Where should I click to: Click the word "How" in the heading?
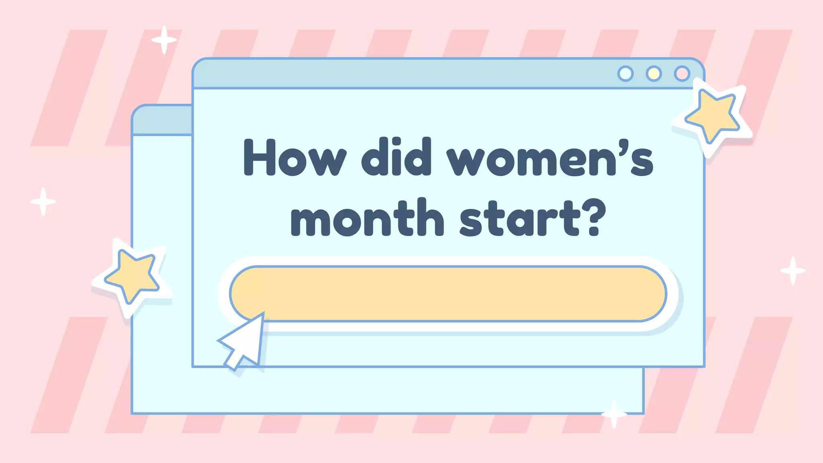pos(295,158)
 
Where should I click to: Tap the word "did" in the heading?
pos(396,158)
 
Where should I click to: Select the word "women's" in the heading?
pos(550,159)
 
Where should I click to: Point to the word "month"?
pos(367,218)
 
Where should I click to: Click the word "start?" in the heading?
pos(532,218)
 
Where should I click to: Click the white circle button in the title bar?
pos(625,74)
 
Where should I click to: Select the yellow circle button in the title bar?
pos(654,74)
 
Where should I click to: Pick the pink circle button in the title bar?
pos(682,74)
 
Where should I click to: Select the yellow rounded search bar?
pos(448,294)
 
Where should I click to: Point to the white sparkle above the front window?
pos(164,40)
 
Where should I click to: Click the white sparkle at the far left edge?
pos(43,201)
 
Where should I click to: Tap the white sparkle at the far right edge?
pos(793,270)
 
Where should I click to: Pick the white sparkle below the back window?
pos(614,414)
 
